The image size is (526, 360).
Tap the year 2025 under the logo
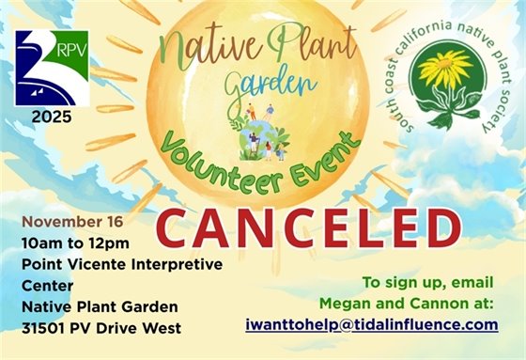click(48, 119)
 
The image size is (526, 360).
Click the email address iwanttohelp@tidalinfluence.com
click(371, 324)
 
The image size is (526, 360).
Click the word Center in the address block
click(45, 285)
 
